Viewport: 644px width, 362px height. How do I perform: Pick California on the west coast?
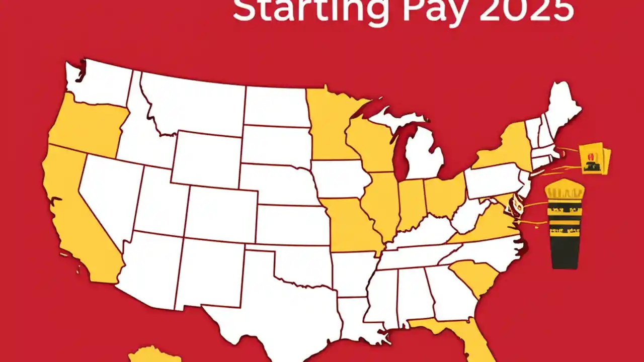[x=80, y=216]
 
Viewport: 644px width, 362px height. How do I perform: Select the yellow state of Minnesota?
[x=330, y=126]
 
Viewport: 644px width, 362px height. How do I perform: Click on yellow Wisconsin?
[x=370, y=143]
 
